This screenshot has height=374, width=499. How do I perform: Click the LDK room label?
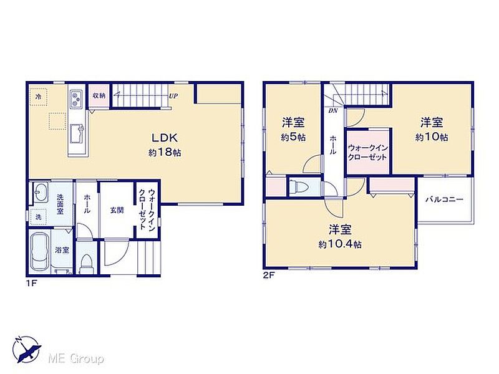(x=164, y=138)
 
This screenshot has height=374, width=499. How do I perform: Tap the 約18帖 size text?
(x=165, y=153)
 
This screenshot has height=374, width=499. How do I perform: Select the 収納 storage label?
(x=99, y=95)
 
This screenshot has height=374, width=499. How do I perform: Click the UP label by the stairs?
(x=173, y=96)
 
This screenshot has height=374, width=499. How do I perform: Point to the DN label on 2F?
(x=333, y=111)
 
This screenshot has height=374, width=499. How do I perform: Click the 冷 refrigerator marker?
(x=38, y=97)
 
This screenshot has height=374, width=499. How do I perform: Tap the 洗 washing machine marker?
(x=38, y=218)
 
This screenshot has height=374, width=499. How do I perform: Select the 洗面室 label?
(x=60, y=204)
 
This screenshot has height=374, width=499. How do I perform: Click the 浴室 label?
(x=62, y=250)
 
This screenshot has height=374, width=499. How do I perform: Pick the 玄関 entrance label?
(x=117, y=210)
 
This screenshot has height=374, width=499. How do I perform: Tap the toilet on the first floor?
(x=85, y=264)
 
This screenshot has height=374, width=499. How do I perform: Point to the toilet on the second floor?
(x=296, y=186)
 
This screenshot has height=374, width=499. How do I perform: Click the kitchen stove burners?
(x=76, y=98)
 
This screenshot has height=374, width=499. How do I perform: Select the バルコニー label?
(x=444, y=199)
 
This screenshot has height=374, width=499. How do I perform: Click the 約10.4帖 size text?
(x=340, y=244)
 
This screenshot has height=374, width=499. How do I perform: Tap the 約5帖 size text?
(x=293, y=137)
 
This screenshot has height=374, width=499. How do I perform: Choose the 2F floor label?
(x=268, y=276)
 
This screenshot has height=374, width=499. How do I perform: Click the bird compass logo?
(x=27, y=349)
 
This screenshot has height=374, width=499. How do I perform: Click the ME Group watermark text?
(x=75, y=359)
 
